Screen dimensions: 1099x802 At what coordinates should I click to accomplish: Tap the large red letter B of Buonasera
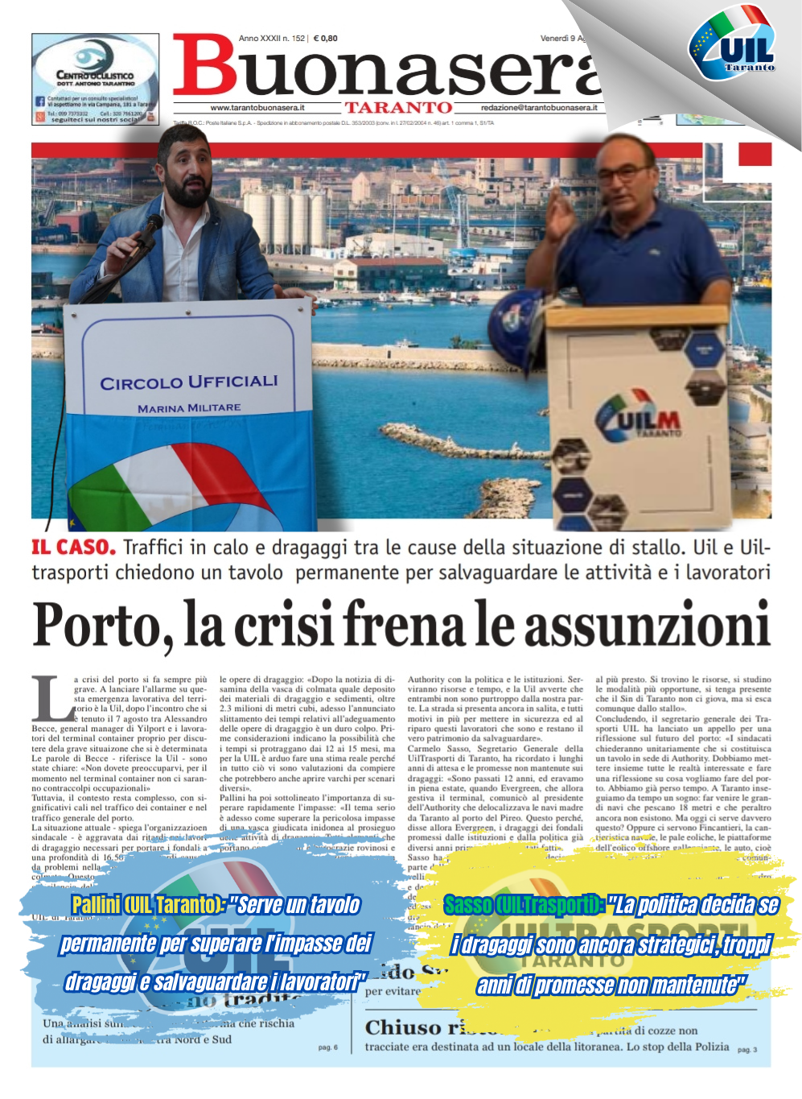tap(205, 66)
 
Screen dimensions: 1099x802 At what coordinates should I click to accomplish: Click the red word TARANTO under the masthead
tap(398, 108)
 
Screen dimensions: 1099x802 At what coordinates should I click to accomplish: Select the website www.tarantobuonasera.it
tap(257, 108)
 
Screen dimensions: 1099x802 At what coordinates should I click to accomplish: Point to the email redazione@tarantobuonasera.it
tap(539, 108)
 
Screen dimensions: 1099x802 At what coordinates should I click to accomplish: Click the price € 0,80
tap(326, 38)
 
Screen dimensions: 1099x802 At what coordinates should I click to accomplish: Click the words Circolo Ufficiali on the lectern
tap(189, 382)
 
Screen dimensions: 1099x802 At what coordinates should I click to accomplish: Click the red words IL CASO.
tap(73, 547)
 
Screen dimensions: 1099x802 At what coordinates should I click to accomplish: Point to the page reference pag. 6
tap(327, 1047)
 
